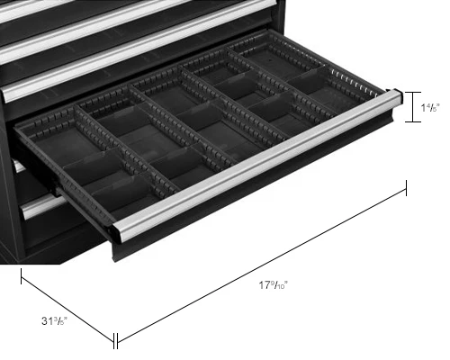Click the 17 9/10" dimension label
pyautogui.click(x=274, y=284)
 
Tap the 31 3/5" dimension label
pyautogui.click(x=54, y=321)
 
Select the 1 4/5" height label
pyautogui.click(x=430, y=107)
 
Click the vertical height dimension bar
pyautogui.click(x=413, y=107)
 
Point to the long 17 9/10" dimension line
pyautogui.click(x=262, y=265)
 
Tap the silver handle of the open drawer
pyautogui.click(x=257, y=165)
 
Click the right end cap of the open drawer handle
pyautogui.click(x=398, y=97)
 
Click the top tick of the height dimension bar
pyautogui.click(x=413, y=93)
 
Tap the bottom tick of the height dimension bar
pyautogui.click(x=413, y=121)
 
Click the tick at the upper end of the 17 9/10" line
pyautogui.click(x=407, y=188)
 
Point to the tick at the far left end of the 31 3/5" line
pyautogui.click(x=21, y=276)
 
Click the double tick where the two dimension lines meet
pyautogui.click(x=115, y=341)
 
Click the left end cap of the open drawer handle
pyautogui.click(x=117, y=232)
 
